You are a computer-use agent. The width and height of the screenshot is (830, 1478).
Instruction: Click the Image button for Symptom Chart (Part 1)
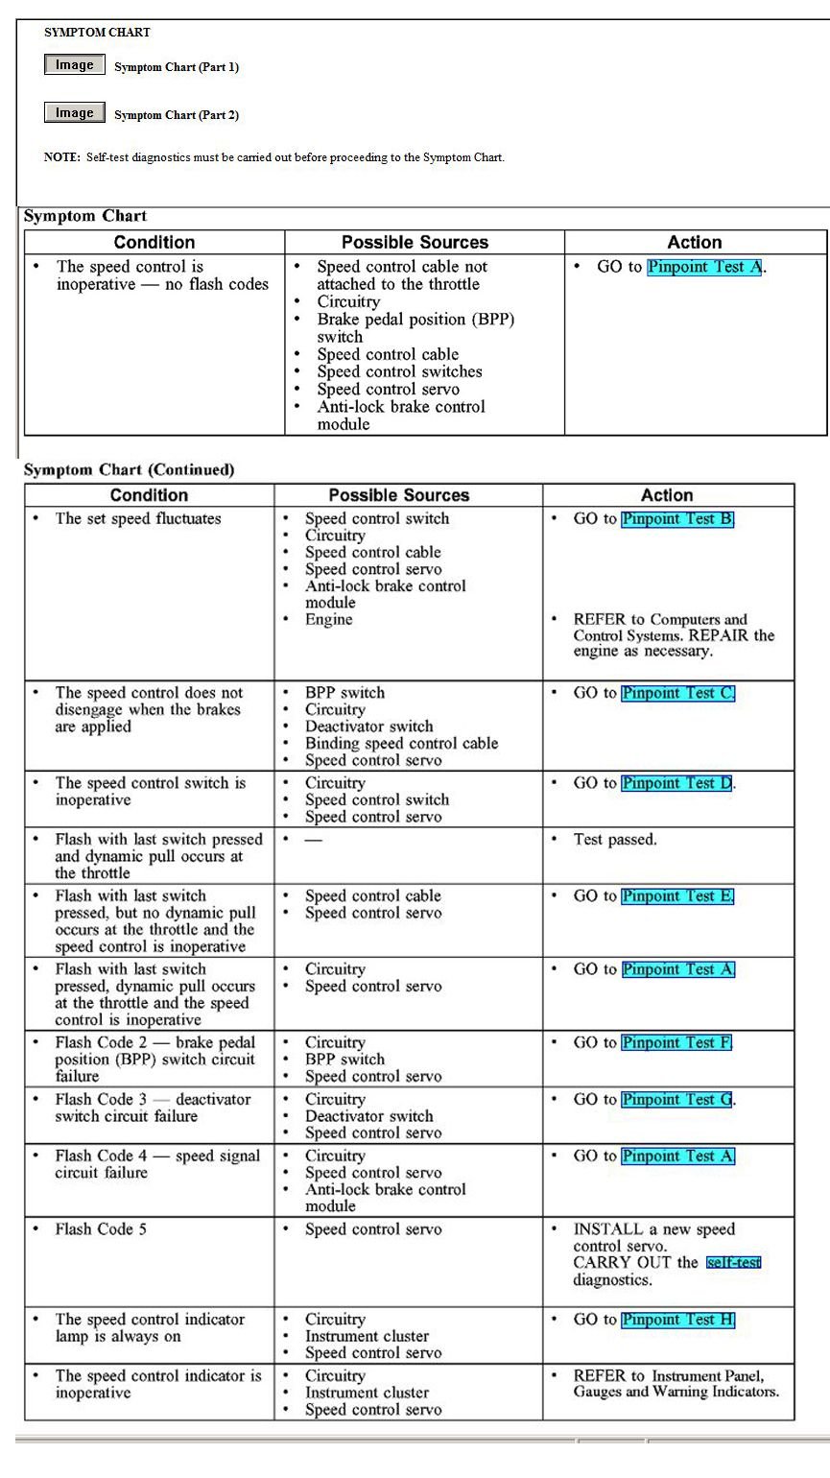(x=74, y=65)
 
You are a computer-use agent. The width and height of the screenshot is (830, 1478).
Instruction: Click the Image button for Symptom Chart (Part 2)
(x=74, y=113)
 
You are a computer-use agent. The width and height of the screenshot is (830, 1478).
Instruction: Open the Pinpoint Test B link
(x=677, y=519)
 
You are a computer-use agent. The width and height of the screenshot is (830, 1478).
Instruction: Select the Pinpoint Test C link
(x=677, y=693)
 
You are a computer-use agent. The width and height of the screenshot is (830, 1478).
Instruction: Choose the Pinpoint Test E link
(x=677, y=896)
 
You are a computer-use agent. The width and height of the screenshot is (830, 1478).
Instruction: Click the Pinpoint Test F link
(x=676, y=1042)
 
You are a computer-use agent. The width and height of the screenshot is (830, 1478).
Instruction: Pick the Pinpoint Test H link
(x=677, y=1320)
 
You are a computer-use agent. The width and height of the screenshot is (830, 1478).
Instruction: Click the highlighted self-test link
(x=733, y=1263)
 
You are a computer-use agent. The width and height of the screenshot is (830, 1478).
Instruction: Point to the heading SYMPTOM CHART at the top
(x=97, y=33)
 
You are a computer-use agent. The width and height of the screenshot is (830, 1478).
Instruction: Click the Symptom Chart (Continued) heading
(x=129, y=470)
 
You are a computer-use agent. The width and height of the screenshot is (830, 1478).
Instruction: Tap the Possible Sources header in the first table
(x=415, y=243)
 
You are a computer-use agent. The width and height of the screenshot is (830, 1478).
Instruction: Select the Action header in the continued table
(x=667, y=495)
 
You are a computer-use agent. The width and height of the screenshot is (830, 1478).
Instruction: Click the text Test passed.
(x=615, y=840)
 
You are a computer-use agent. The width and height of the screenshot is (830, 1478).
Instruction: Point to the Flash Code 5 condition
(x=101, y=1229)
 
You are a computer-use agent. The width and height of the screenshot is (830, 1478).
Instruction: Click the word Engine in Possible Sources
(x=329, y=620)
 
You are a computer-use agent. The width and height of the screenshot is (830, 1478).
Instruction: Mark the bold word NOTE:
(x=62, y=157)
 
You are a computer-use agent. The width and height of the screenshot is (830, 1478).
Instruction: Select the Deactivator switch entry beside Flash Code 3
(x=368, y=1116)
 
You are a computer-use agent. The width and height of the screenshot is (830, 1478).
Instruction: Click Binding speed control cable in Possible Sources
(x=401, y=744)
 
